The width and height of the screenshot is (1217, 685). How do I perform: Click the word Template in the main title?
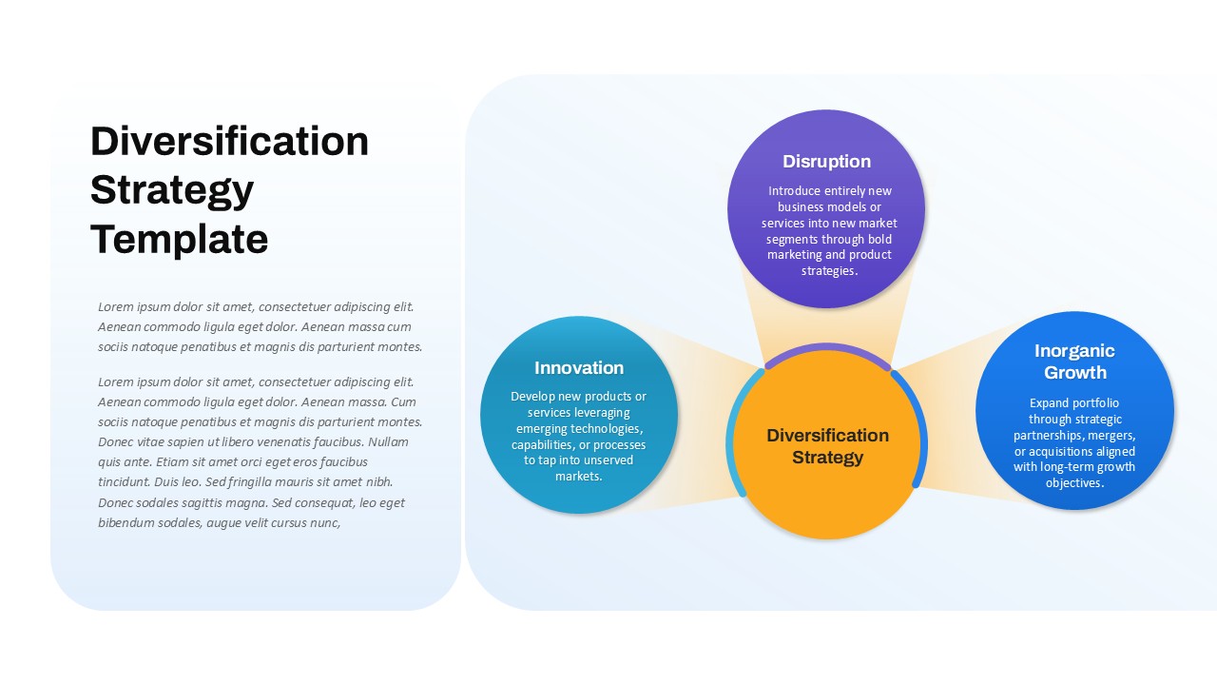point(180,240)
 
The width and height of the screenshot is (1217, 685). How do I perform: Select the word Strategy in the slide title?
point(172,191)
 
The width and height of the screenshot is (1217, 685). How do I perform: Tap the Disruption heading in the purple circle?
point(826,162)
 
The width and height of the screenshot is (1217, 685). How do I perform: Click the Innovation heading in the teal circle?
point(579,368)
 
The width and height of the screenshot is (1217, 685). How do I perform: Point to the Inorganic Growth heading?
point(1074,362)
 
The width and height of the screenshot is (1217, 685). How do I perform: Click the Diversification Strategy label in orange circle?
point(827,446)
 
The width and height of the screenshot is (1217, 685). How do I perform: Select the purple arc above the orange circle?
point(827,347)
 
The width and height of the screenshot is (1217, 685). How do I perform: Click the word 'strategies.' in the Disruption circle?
point(829,271)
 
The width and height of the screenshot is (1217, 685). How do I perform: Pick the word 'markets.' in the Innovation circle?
point(579,477)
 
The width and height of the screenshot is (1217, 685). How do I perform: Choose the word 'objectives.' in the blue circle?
point(1074,482)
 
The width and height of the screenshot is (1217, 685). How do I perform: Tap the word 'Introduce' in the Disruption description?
point(794,191)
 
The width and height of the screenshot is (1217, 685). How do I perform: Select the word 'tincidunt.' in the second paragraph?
point(125,482)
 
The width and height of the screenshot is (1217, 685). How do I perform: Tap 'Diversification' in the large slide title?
point(229,141)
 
